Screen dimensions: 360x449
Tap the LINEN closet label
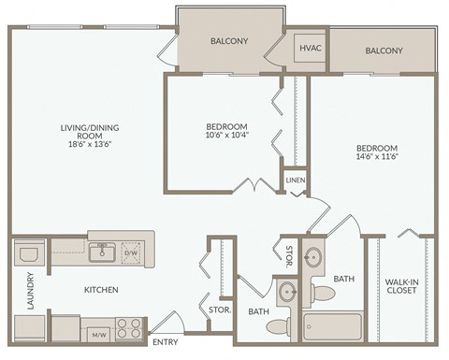(296, 180)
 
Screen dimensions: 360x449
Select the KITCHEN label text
(101, 290)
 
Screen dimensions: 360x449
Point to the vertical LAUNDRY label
(31, 291)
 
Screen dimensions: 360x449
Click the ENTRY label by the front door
(165, 342)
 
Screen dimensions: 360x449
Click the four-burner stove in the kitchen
(129, 329)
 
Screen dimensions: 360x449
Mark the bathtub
(331, 326)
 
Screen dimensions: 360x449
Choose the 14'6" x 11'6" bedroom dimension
(378, 159)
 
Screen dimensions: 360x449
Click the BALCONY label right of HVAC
(384, 50)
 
